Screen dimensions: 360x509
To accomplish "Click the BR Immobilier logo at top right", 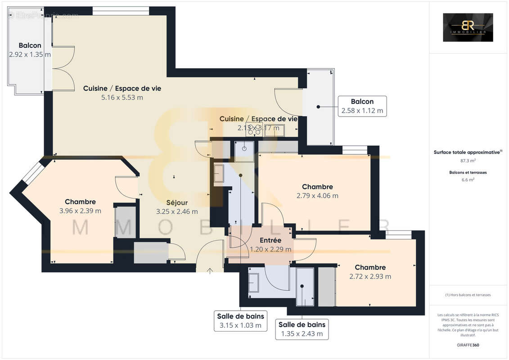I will click(468, 27).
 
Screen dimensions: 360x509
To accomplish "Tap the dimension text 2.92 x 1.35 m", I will click(30, 54).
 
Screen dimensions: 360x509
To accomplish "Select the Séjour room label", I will click(177, 202).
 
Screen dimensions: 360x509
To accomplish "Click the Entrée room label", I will click(270, 240).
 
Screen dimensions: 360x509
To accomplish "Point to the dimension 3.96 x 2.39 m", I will click(80, 211).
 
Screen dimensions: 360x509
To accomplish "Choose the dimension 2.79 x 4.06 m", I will click(317, 196).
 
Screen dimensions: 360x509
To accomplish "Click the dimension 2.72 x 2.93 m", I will click(370, 276).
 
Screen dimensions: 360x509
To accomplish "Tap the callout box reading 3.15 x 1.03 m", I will click(241, 320).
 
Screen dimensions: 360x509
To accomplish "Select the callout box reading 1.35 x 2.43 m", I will click(302, 329).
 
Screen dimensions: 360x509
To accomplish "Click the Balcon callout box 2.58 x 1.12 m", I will click(362, 106).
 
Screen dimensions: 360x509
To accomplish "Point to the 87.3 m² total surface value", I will click(468, 160).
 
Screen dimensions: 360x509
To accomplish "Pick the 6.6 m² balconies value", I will click(468, 180).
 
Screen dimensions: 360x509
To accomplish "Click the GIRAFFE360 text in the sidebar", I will click(468, 345).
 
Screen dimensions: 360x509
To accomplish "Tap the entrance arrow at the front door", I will click(210, 270).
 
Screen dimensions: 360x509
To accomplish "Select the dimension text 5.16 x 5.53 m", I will click(122, 97).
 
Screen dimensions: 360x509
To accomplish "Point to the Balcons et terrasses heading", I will click(468, 172).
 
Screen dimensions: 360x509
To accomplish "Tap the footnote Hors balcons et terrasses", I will click(468, 295).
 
